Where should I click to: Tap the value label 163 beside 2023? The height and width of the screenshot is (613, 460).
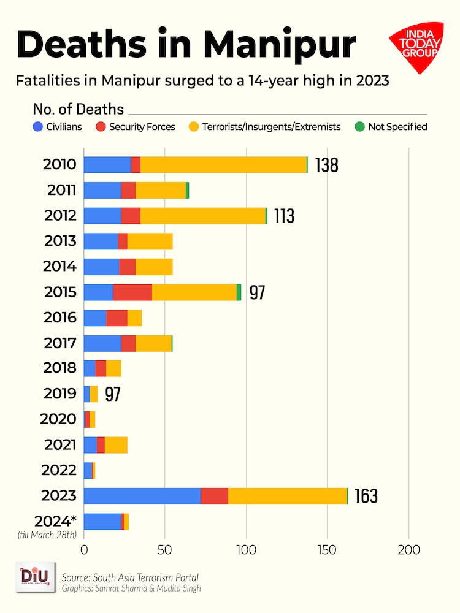[x=366, y=496]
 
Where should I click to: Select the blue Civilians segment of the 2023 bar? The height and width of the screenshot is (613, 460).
[x=142, y=496]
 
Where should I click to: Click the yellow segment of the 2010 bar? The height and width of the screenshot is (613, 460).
[x=223, y=164]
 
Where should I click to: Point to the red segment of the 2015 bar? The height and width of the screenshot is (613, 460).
[x=132, y=292]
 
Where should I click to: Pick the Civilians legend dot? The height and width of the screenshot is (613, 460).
[x=38, y=128]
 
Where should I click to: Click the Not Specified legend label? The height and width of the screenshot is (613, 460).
[x=397, y=128]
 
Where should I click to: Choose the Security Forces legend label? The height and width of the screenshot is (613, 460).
[x=142, y=128]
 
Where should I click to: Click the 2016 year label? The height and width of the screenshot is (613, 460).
[x=60, y=318]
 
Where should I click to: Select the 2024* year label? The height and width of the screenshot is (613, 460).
[x=55, y=521]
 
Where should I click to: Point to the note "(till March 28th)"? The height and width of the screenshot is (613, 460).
[x=47, y=535]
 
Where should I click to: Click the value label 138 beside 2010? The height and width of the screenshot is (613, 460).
[x=326, y=165]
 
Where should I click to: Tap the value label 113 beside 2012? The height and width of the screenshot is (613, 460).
[x=283, y=216]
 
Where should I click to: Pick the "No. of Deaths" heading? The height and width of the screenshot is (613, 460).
[x=78, y=110]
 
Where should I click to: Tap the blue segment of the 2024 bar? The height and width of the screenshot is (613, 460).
[x=102, y=522]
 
